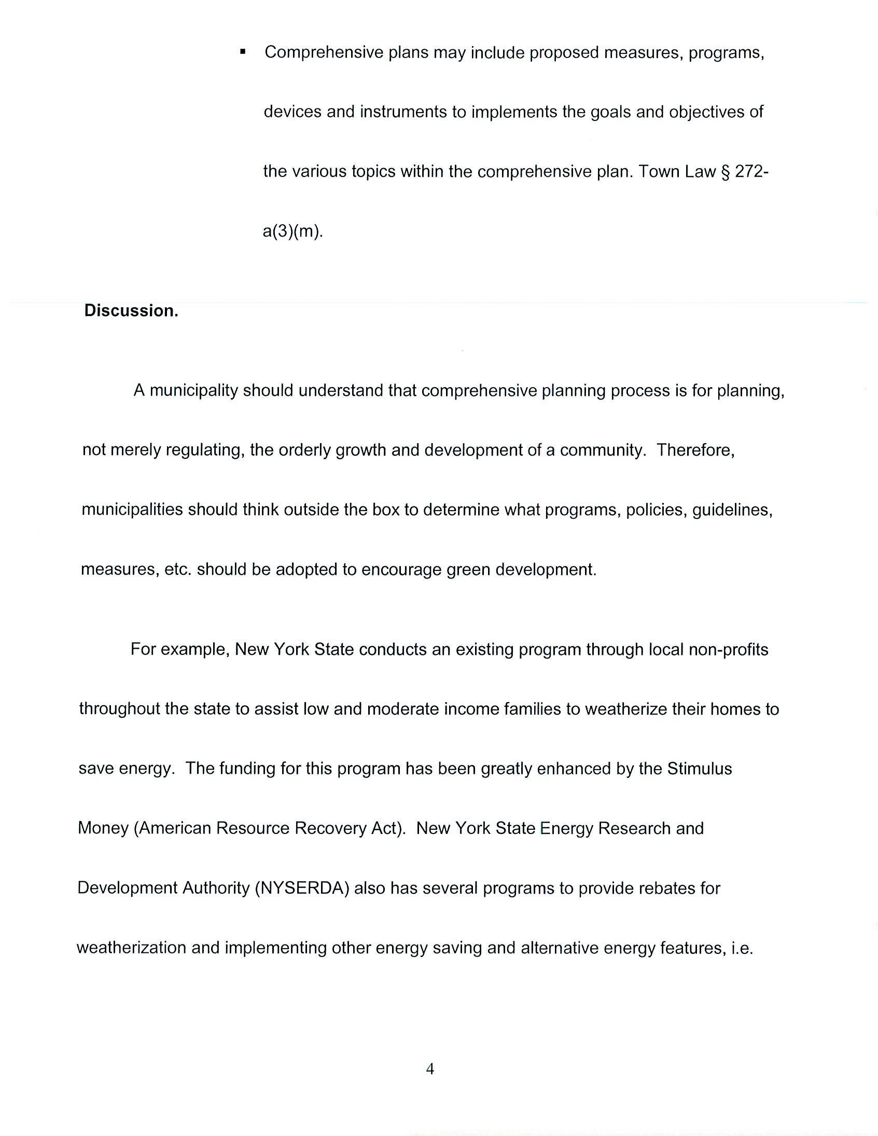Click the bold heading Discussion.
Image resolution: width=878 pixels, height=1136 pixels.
[x=131, y=310]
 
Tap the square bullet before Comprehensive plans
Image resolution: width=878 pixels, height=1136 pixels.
[x=242, y=51]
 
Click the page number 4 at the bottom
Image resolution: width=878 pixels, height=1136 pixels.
[x=430, y=1069]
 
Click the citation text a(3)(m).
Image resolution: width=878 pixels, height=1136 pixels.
[x=292, y=231]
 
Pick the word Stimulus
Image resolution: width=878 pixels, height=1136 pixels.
[x=699, y=768]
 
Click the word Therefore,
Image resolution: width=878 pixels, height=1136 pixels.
[x=695, y=449]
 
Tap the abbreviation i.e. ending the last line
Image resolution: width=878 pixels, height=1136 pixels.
[x=742, y=947]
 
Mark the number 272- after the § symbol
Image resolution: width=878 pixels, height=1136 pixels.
[x=751, y=171]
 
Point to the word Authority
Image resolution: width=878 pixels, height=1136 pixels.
[x=216, y=887]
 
